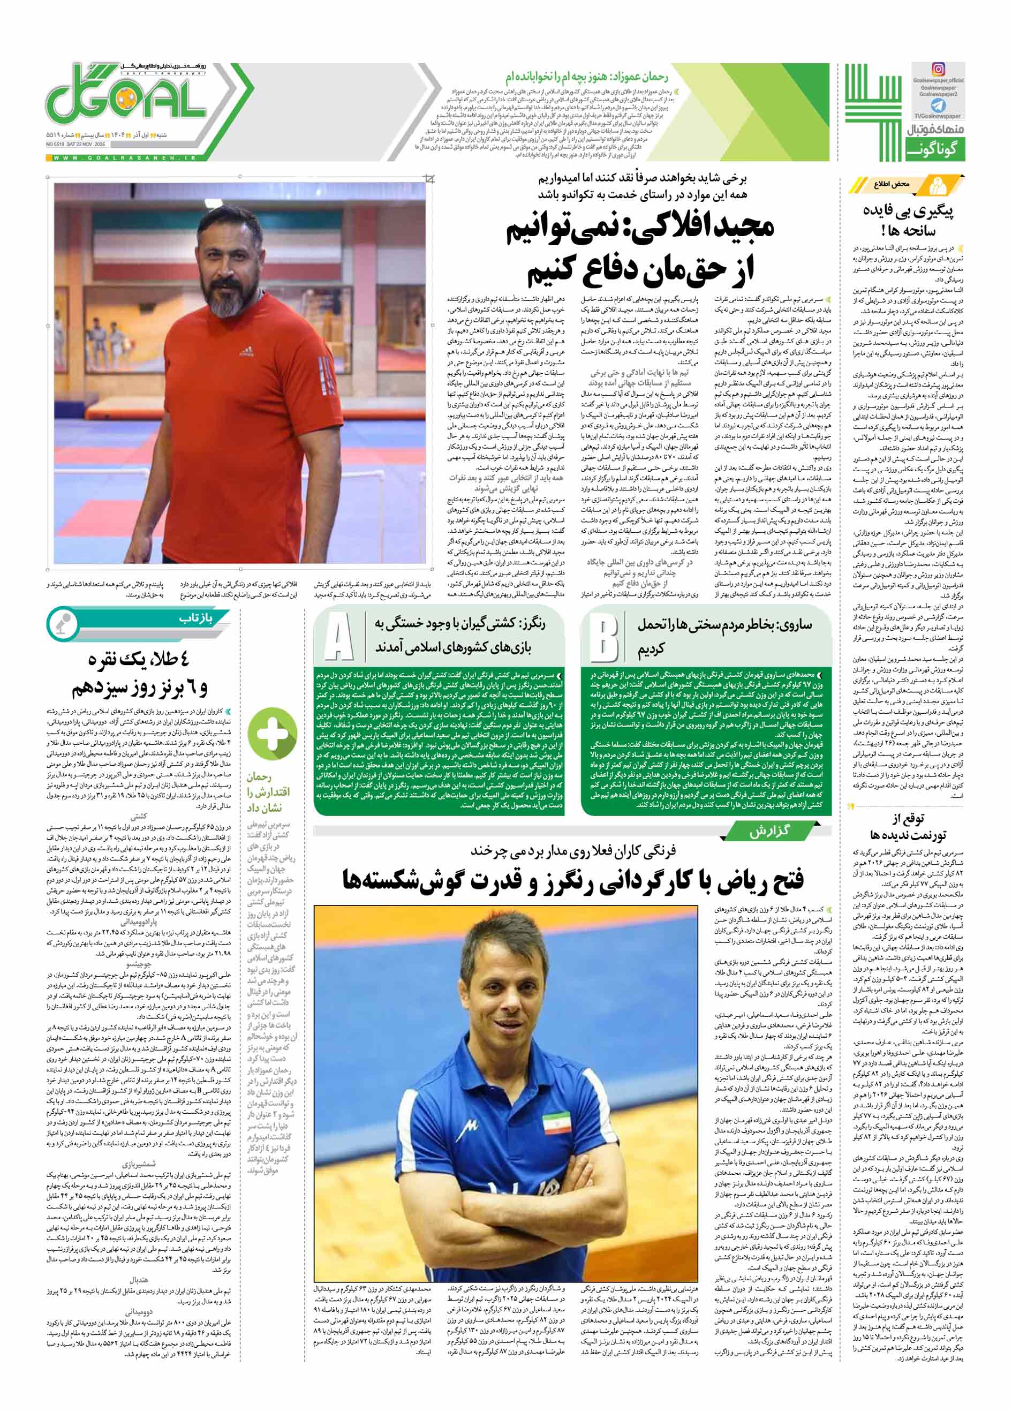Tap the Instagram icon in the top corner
tap(938, 70)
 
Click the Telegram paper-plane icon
tap(938, 106)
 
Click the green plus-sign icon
tap(272, 734)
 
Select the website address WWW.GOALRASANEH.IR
tap(124, 158)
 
